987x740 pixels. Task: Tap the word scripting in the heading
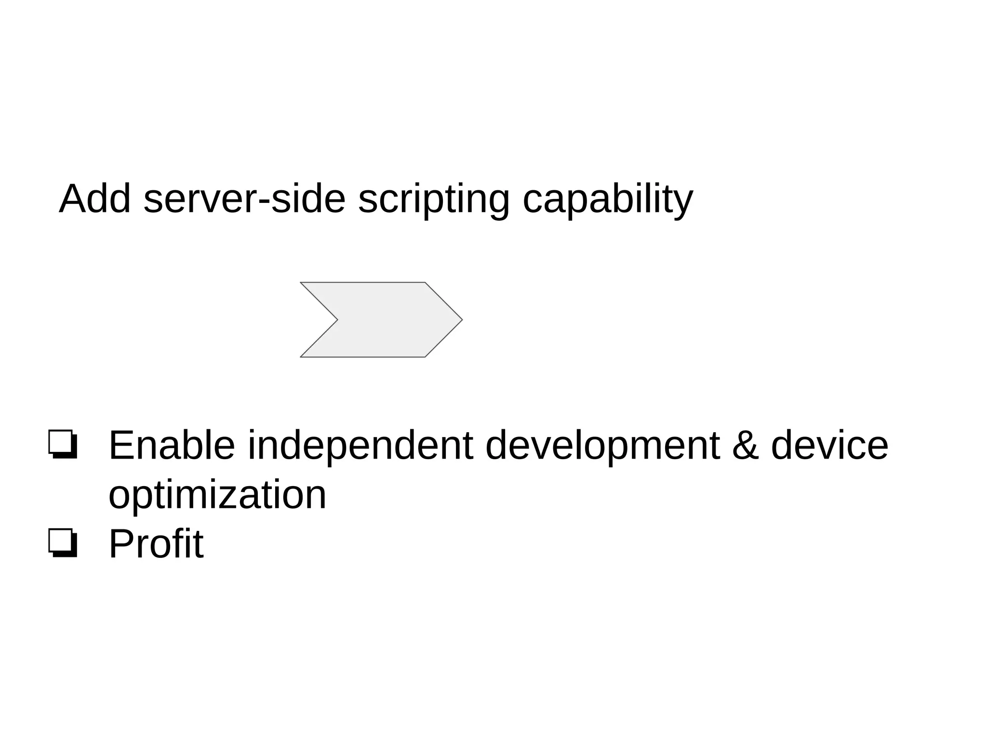[434, 200]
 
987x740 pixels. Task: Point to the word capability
[608, 200]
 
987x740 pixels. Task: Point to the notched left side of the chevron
[333, 319]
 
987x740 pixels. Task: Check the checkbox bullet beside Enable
[63, 444]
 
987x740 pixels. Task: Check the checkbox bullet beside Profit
[63, 543]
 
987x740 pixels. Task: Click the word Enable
[172, 446]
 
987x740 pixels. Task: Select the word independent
[360, 446]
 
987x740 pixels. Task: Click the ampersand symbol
[745, 446]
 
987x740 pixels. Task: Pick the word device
[829, 446]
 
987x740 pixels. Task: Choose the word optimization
[217, 496]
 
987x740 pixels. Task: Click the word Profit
[156, 544]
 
